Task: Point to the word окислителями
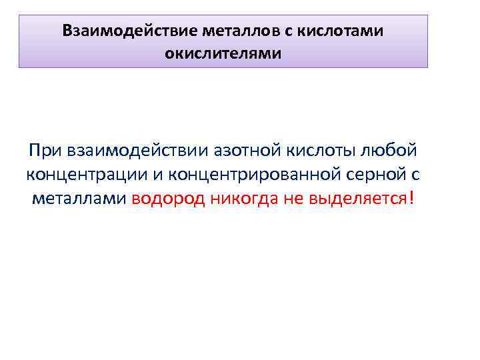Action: click(x=223, y=52)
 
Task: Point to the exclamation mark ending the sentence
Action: click(x=412, y=198)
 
